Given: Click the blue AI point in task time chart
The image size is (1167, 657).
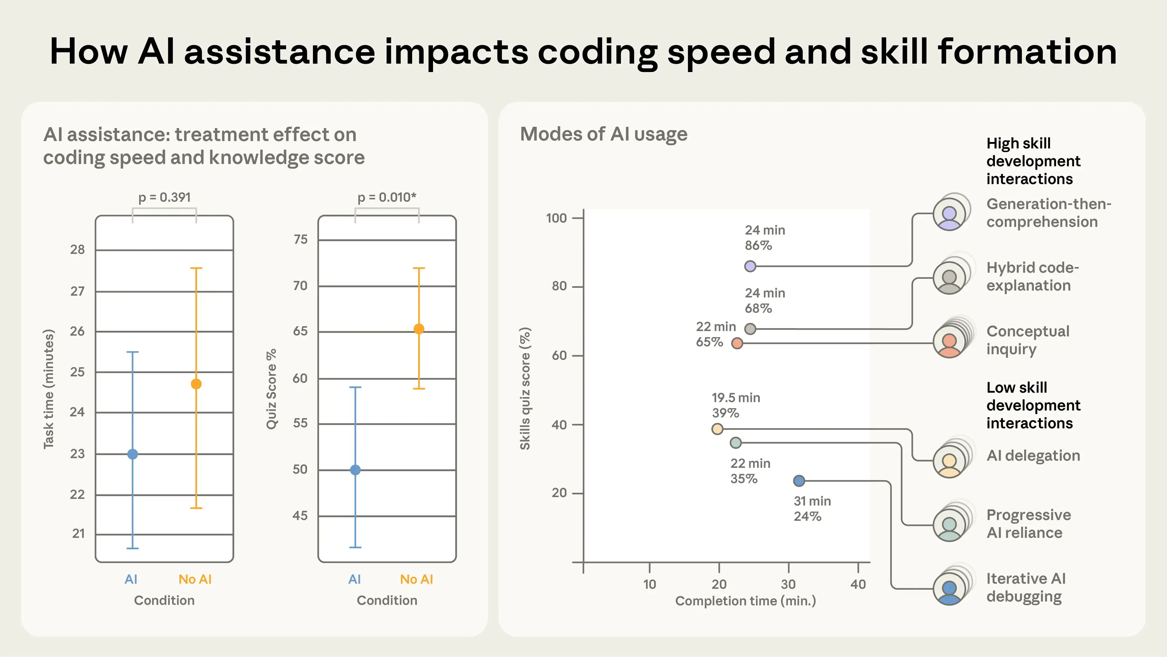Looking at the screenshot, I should pos(132,454).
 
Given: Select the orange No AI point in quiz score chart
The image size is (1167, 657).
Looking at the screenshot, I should pos(418,329).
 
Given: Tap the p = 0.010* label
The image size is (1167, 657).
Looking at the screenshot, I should pos(387,198).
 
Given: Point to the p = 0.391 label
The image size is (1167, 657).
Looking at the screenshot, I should pos(164,198).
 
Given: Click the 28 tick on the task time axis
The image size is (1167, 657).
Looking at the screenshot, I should pos(77,250).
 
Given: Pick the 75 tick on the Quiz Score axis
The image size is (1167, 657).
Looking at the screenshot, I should pos(300,240).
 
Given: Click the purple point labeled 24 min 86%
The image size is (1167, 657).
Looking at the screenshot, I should pos(750,266).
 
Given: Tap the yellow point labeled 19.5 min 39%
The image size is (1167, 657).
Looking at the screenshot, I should pos(717,429).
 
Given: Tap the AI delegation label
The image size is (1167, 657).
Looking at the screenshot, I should pos(1033,456).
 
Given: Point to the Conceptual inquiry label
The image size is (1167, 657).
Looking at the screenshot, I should pos(1028,340).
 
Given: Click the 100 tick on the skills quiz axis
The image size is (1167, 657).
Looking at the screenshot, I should pos(556,218).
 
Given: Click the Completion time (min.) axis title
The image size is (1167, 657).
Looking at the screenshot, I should pos(745,601).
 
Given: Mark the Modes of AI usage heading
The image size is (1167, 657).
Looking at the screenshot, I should pos(604,135).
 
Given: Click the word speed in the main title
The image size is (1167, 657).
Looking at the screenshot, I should pos(721,52).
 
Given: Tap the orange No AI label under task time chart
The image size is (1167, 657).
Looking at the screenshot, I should pos(195,579).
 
